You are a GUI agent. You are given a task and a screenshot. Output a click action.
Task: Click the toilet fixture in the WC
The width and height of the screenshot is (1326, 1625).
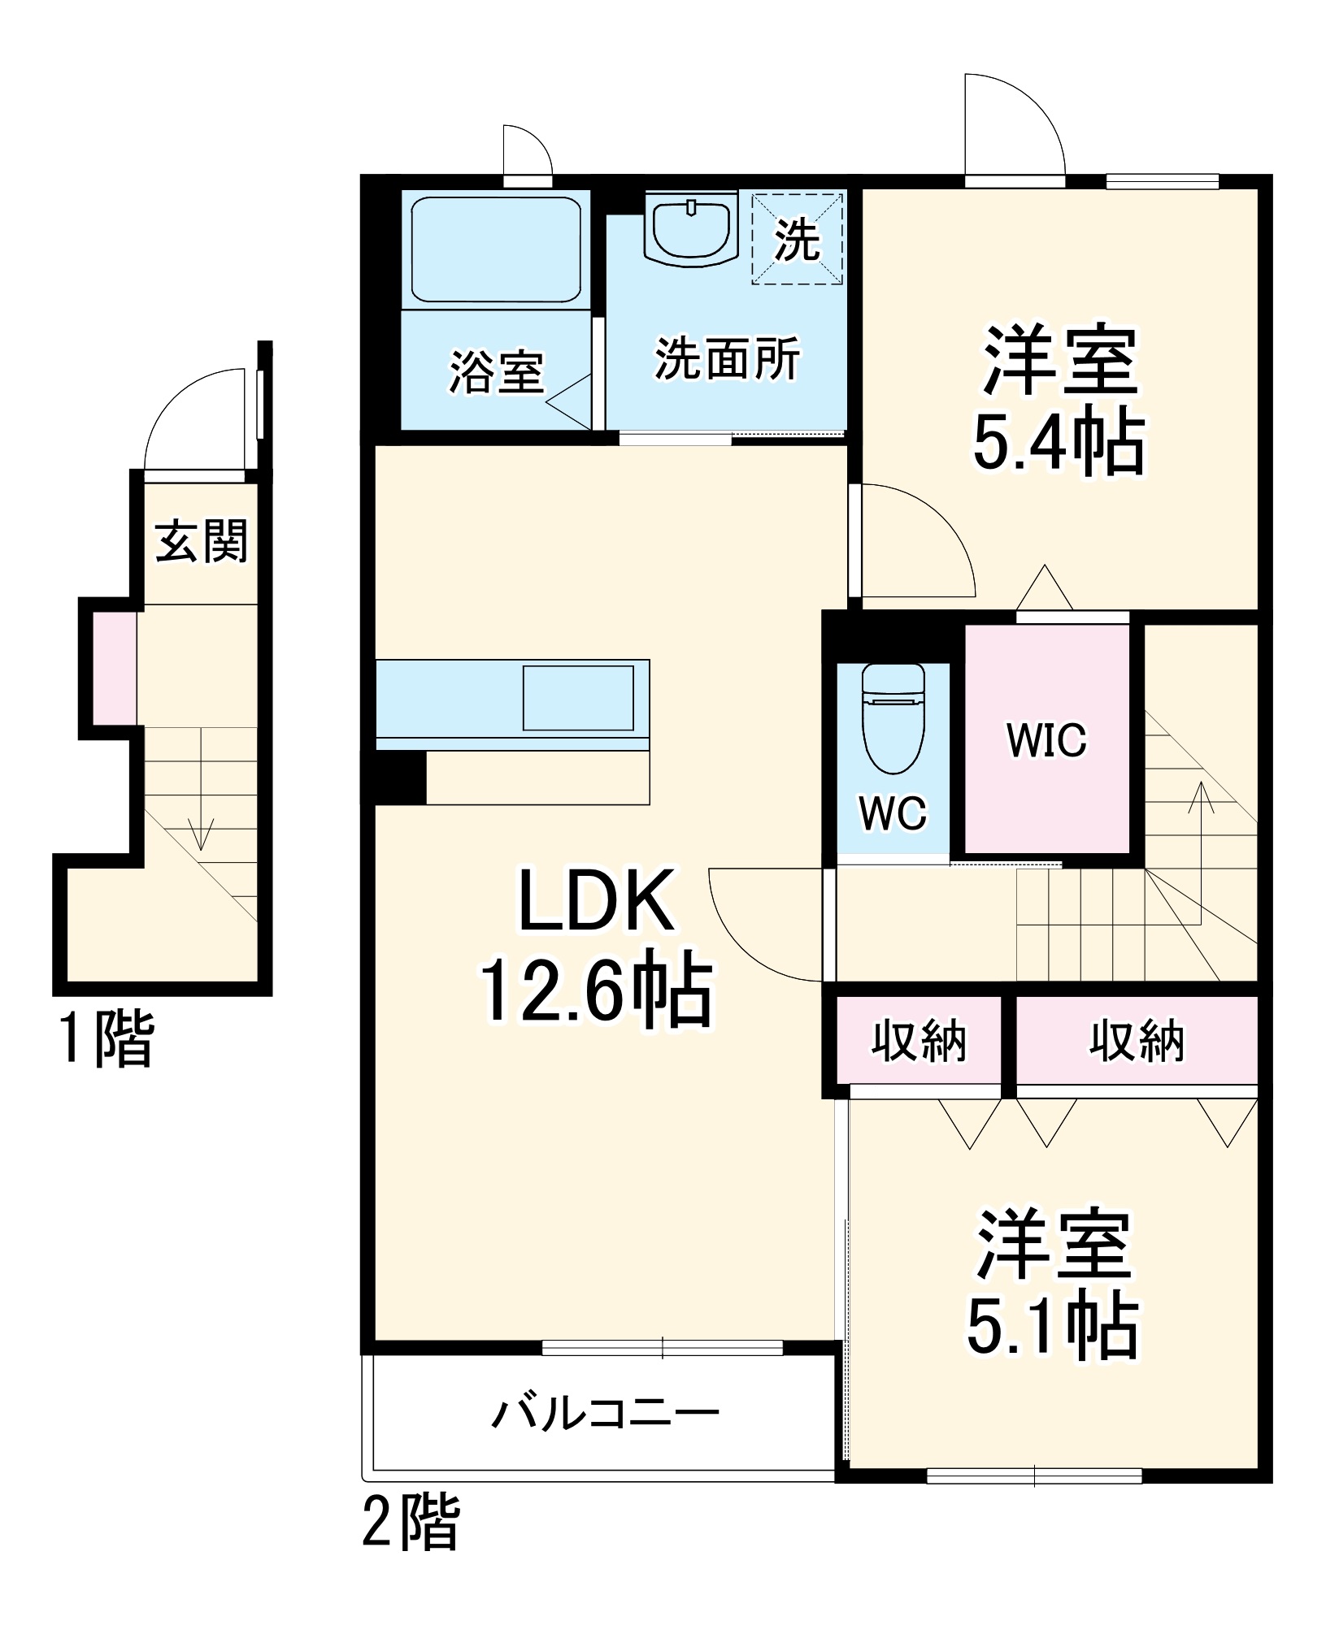893,719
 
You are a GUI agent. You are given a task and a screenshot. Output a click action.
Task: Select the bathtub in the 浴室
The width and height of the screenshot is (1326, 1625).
496,249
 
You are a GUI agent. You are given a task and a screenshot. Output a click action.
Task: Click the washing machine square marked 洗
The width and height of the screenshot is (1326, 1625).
797,238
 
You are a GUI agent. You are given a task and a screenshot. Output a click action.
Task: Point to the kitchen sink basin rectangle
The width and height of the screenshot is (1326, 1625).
578,698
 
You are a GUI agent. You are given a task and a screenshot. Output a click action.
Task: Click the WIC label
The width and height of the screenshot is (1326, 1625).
1046,740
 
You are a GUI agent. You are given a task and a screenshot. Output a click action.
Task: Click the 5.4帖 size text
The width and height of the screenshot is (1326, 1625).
1059,443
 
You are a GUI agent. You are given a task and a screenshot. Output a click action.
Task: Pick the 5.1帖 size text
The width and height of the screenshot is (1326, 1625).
1052,1327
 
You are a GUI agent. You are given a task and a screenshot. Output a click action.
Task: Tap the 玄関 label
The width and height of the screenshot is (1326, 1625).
201,541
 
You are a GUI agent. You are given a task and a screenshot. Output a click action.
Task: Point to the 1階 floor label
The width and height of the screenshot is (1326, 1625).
106,1038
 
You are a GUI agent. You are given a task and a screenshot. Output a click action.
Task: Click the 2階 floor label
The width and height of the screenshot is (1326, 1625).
411,1521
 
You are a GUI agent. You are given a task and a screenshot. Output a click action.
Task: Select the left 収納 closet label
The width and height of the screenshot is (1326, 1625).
919,1040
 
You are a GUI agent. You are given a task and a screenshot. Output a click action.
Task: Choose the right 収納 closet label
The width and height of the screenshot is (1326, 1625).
1137,1040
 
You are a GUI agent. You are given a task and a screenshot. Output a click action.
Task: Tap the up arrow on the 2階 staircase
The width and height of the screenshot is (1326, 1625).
1201,800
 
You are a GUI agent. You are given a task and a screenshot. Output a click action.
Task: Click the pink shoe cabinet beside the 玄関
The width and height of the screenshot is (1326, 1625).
114,668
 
